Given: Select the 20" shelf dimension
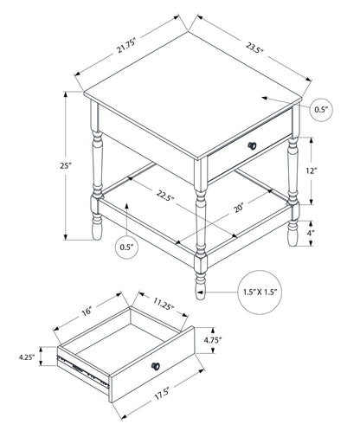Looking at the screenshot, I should tap(240, 207).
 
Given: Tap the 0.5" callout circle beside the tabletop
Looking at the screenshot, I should tap(321, 108).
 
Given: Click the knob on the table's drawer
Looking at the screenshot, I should tap(253, 145).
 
